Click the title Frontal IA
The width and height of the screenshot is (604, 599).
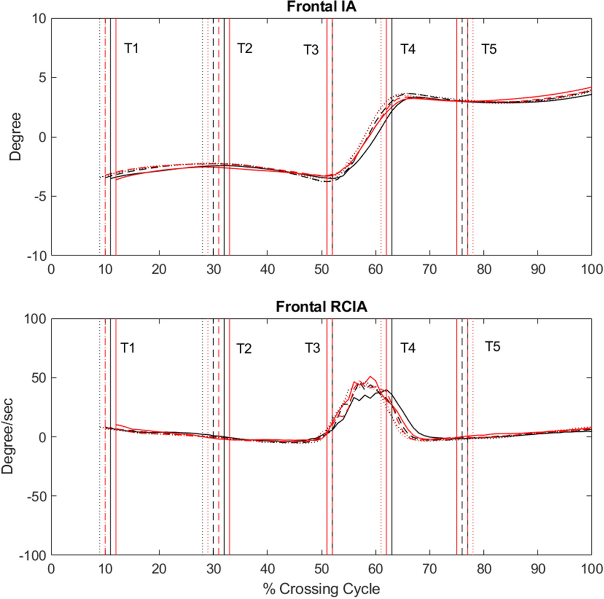[x=321, y=7]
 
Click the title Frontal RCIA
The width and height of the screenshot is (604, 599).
[x=321, y=307]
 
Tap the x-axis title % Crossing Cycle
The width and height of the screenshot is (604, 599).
[x=321, y=589]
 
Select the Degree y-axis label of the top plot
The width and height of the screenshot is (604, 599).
[x=15, y=137]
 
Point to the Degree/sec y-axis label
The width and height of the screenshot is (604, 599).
[x=8, y=436]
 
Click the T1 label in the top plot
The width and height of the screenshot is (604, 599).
[x=131, y=48]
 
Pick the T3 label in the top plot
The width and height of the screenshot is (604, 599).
[x=311, y=50]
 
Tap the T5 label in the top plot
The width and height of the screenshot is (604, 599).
[x=489, y=49]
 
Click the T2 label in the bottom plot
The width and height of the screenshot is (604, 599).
[x=244, y=349]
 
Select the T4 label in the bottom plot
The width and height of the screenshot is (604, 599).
[x=407, y=348]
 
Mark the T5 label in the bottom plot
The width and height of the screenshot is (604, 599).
[x=492, y=346]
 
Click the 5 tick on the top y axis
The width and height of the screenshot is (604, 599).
[x=42, y=78]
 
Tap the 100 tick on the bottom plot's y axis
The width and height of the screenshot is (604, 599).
[x=35, y=319]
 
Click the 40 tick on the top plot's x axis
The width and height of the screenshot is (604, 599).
[x=267, y=269]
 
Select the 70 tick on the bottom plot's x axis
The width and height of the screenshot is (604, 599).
[x=430, y=569]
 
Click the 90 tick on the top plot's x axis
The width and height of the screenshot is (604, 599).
[x=537, y=269]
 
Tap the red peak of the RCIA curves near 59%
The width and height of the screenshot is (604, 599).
[x=370, y=377]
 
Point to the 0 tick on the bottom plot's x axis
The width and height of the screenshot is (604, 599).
[x=51, y=569]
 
